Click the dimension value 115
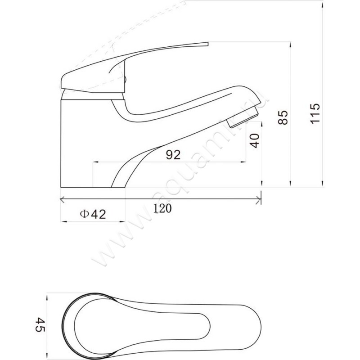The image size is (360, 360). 315,114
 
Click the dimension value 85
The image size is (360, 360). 283,117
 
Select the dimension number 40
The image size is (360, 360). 255,141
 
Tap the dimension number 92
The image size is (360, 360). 173,155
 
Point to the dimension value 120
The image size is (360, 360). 162,208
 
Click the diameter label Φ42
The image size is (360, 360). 93,214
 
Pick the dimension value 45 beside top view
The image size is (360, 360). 40,324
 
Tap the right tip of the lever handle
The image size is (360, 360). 208,44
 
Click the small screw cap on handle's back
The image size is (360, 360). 125,80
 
